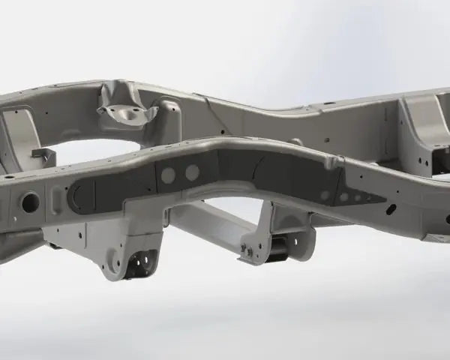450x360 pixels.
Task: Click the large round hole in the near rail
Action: click(31, 200)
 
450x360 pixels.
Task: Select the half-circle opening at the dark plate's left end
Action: click(74, 197)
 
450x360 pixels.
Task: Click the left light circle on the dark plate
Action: click(169, 175)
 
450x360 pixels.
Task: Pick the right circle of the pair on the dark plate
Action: click(193, 172)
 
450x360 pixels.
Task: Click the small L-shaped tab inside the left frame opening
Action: click(43, 156)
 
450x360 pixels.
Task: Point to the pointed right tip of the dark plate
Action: click(384, 200)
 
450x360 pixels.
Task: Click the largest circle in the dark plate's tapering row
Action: click(325, 195)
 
